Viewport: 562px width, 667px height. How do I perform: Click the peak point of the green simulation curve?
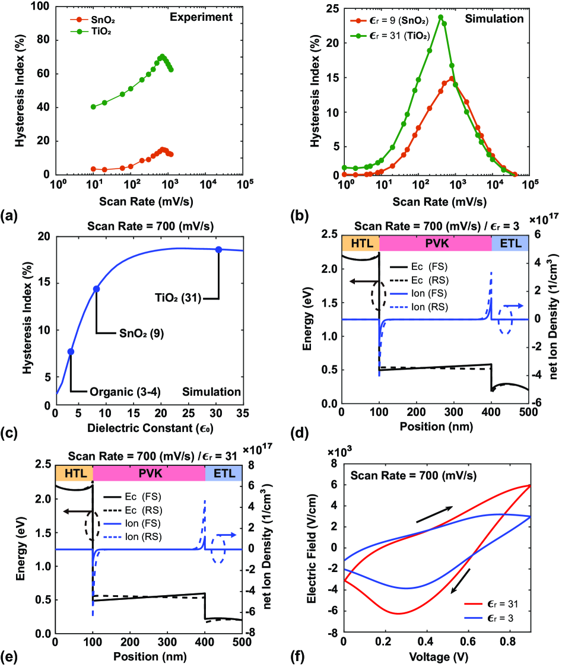(x=440, y=17)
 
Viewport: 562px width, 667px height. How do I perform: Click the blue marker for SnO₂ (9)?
(x=96, y=289)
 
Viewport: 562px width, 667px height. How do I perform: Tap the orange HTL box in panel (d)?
(x=359, y=243)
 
